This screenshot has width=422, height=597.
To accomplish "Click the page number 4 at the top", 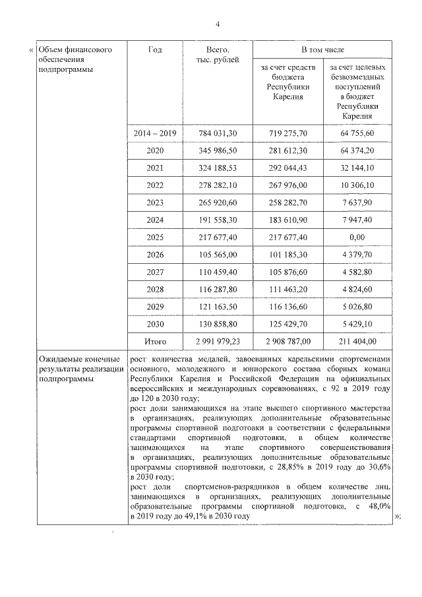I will [217, 24].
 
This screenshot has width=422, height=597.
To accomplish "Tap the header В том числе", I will [322, 50].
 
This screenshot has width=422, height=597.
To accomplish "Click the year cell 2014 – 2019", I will [155, 133].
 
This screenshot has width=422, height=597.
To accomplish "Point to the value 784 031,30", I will [218, 133].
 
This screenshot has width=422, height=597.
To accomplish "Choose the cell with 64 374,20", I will [357, 150].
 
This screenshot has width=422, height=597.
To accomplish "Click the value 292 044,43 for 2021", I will [288, 168].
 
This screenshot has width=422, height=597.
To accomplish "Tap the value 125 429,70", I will [288, 323].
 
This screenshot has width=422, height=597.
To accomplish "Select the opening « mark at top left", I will [31, 50].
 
